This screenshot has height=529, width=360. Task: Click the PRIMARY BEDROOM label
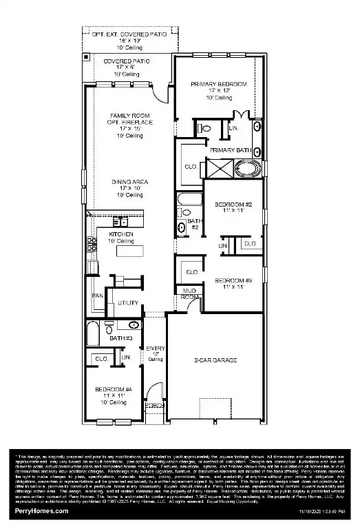[x=218, y=83]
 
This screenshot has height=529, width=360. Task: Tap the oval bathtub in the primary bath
[x=245, y=167]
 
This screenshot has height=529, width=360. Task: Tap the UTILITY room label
[x=128, y=302]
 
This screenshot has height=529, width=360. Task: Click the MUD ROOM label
[x=189, y=294]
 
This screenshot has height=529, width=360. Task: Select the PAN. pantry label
[x=97, y=296]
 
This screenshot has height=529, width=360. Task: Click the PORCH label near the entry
[x=154, y=405]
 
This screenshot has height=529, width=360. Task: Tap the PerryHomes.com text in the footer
[x=41, y=511]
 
